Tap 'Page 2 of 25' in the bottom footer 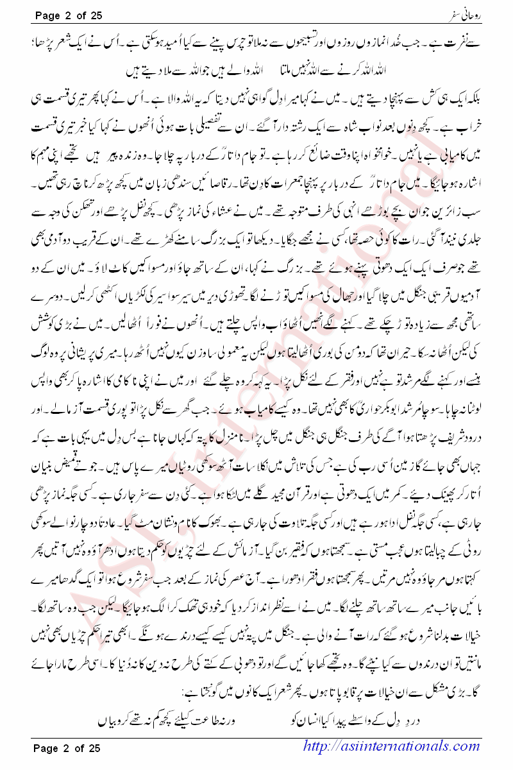67,747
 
